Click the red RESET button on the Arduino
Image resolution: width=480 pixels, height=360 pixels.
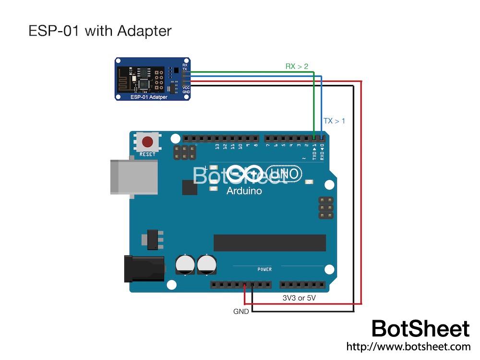click(x=147, y=143)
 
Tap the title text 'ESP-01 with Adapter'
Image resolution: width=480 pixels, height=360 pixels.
click(x=100, y=31)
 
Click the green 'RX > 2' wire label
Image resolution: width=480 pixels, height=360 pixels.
click(x=297, y=66)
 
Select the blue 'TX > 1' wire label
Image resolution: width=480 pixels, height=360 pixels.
click(x=334, y=121)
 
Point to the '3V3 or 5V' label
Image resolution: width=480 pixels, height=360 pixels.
click(x=299, y=298)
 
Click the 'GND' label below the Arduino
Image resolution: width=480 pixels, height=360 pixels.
click(x=241, y=312)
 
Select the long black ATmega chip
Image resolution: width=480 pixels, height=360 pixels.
click(x=269, y=243)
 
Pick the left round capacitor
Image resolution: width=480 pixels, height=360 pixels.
click(x=185, y=264)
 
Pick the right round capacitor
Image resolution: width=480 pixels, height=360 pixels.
click(x=207, y=264)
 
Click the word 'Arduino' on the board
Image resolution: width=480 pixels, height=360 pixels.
click(x=244, y=191)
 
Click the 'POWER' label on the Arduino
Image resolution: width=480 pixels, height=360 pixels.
click(x=264, y=269)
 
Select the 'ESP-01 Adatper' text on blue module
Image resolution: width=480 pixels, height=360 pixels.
click(x=149, y=97)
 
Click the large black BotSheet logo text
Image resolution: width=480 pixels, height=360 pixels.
click(x=420, y=329)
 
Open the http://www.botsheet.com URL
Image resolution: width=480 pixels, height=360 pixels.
click(x=408, y=346)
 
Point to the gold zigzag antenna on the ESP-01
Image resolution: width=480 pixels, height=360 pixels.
click(x=125, y=79)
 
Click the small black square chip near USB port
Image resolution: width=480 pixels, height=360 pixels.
click(x=190, y=187)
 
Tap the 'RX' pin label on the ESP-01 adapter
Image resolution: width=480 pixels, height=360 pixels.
click(x=185, y=65)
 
